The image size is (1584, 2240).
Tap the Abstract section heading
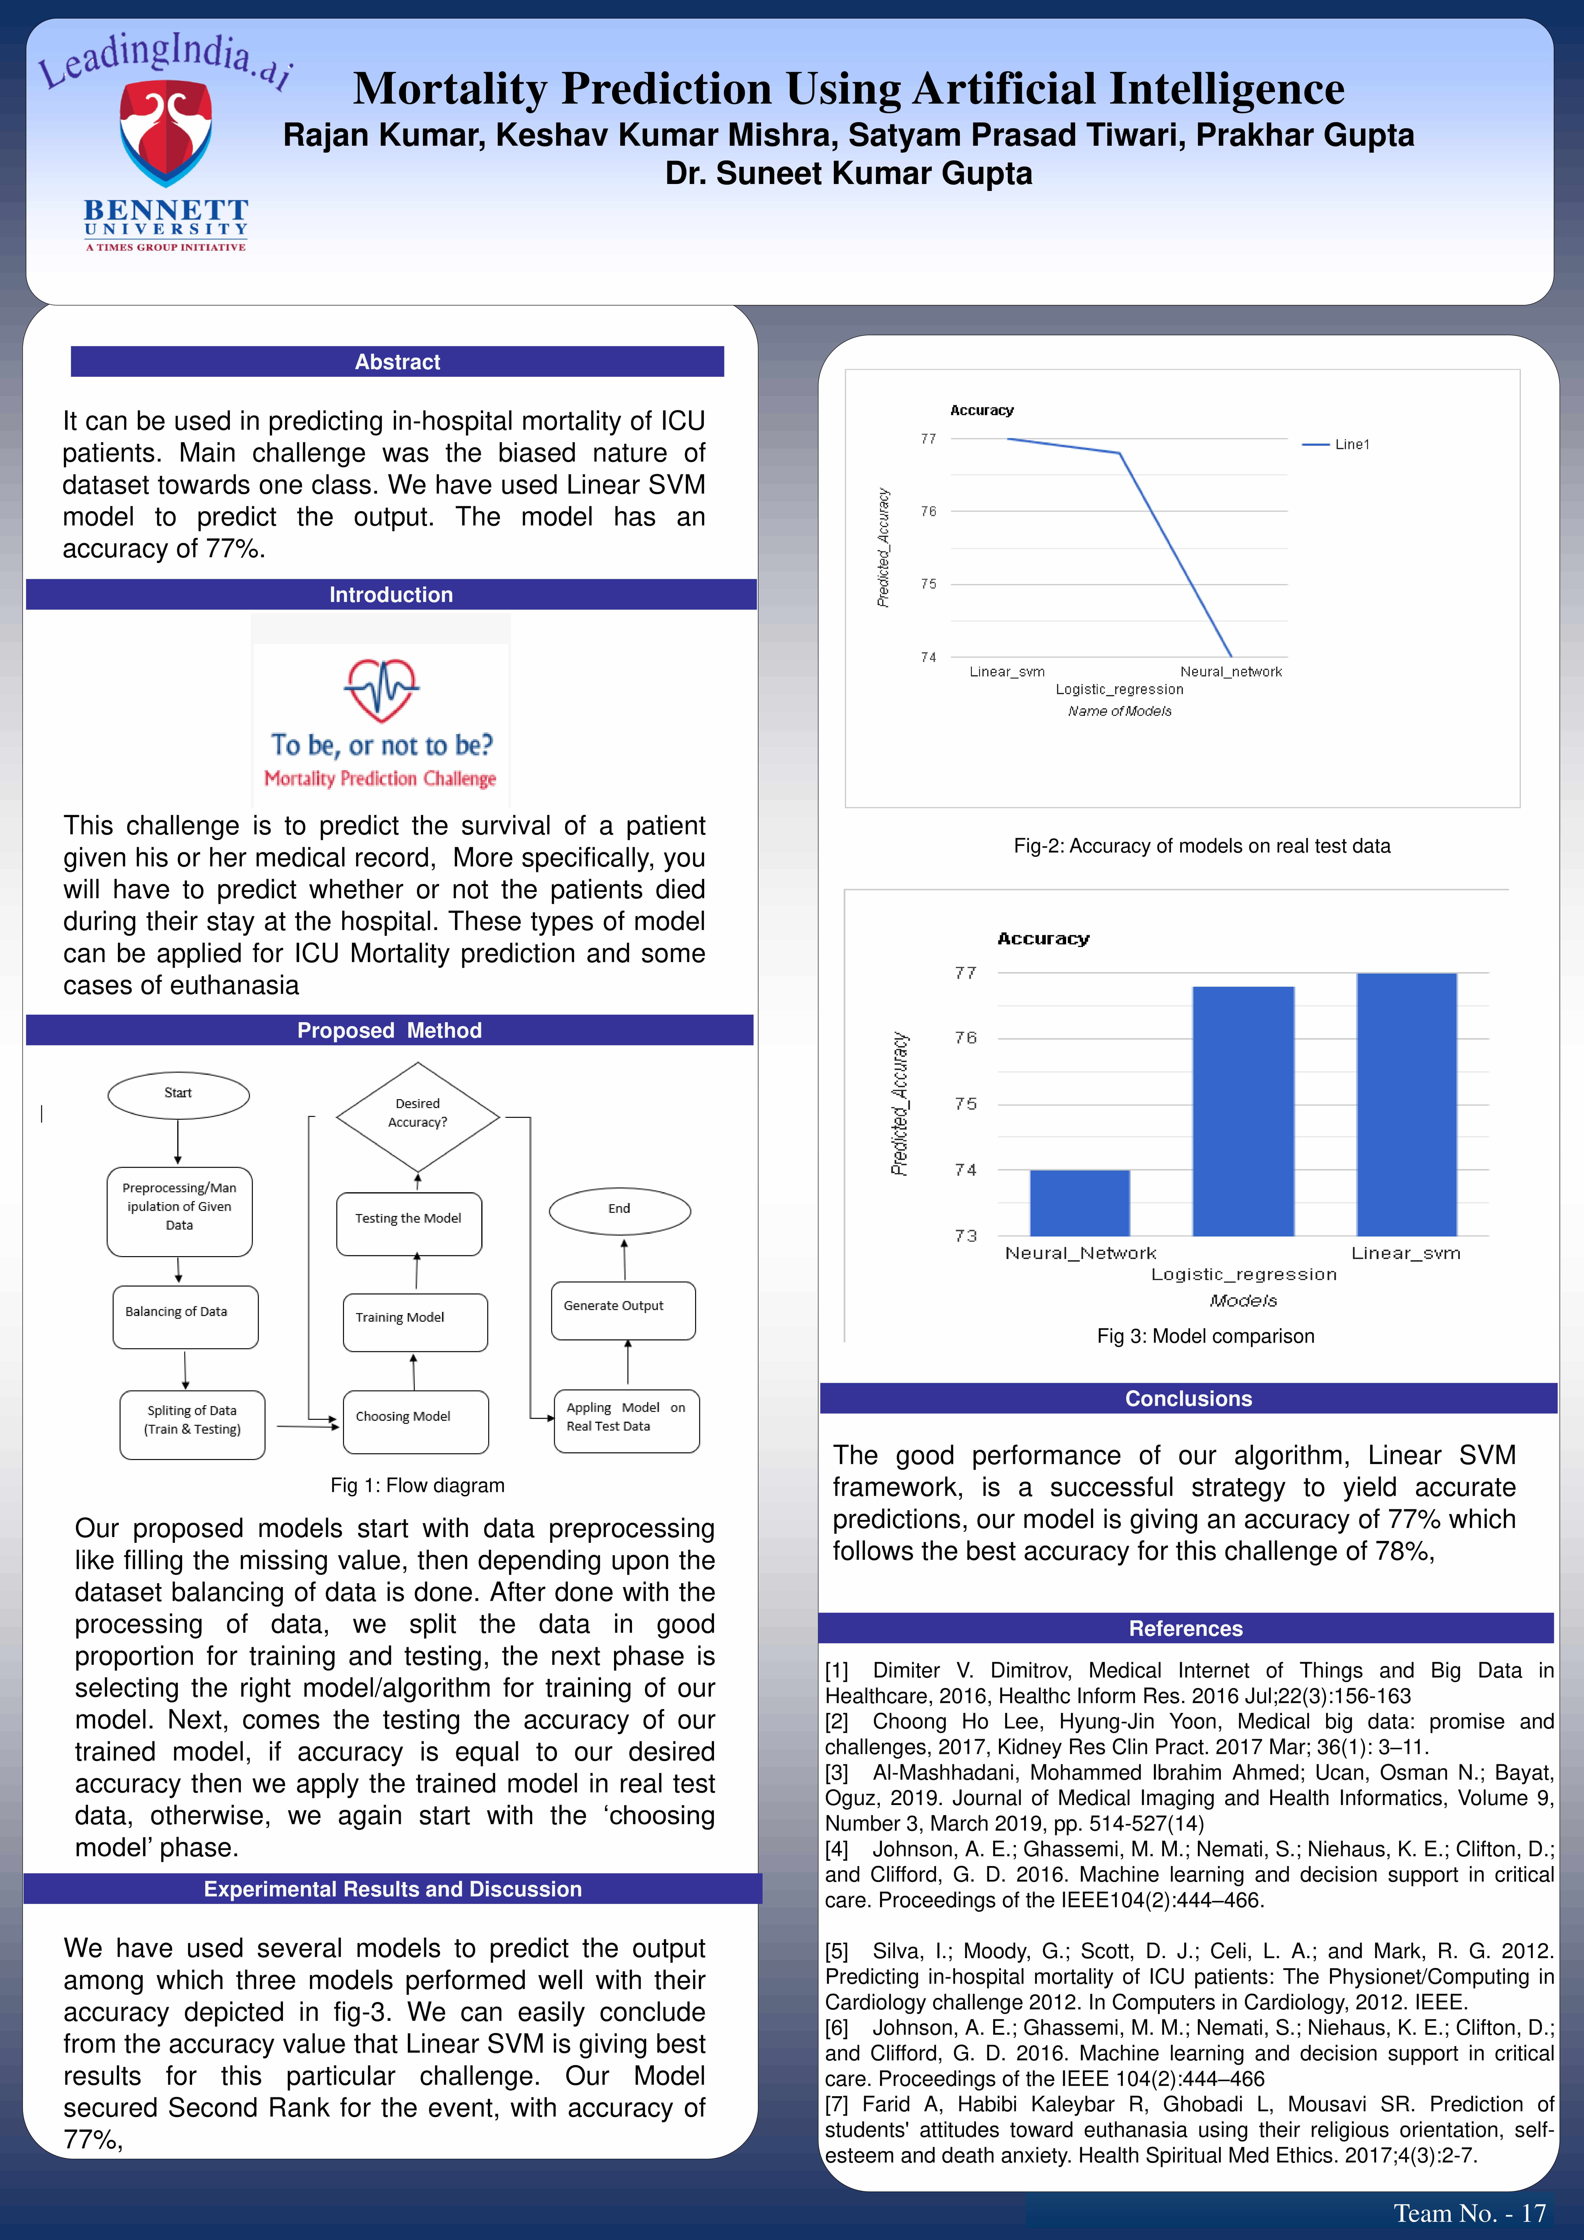(397, 362)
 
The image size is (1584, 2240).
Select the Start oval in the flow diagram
(178, 1094)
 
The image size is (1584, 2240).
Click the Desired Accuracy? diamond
(417, 1114)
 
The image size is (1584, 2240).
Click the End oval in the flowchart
(619, 1210)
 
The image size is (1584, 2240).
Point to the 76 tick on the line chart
(929, 511)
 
